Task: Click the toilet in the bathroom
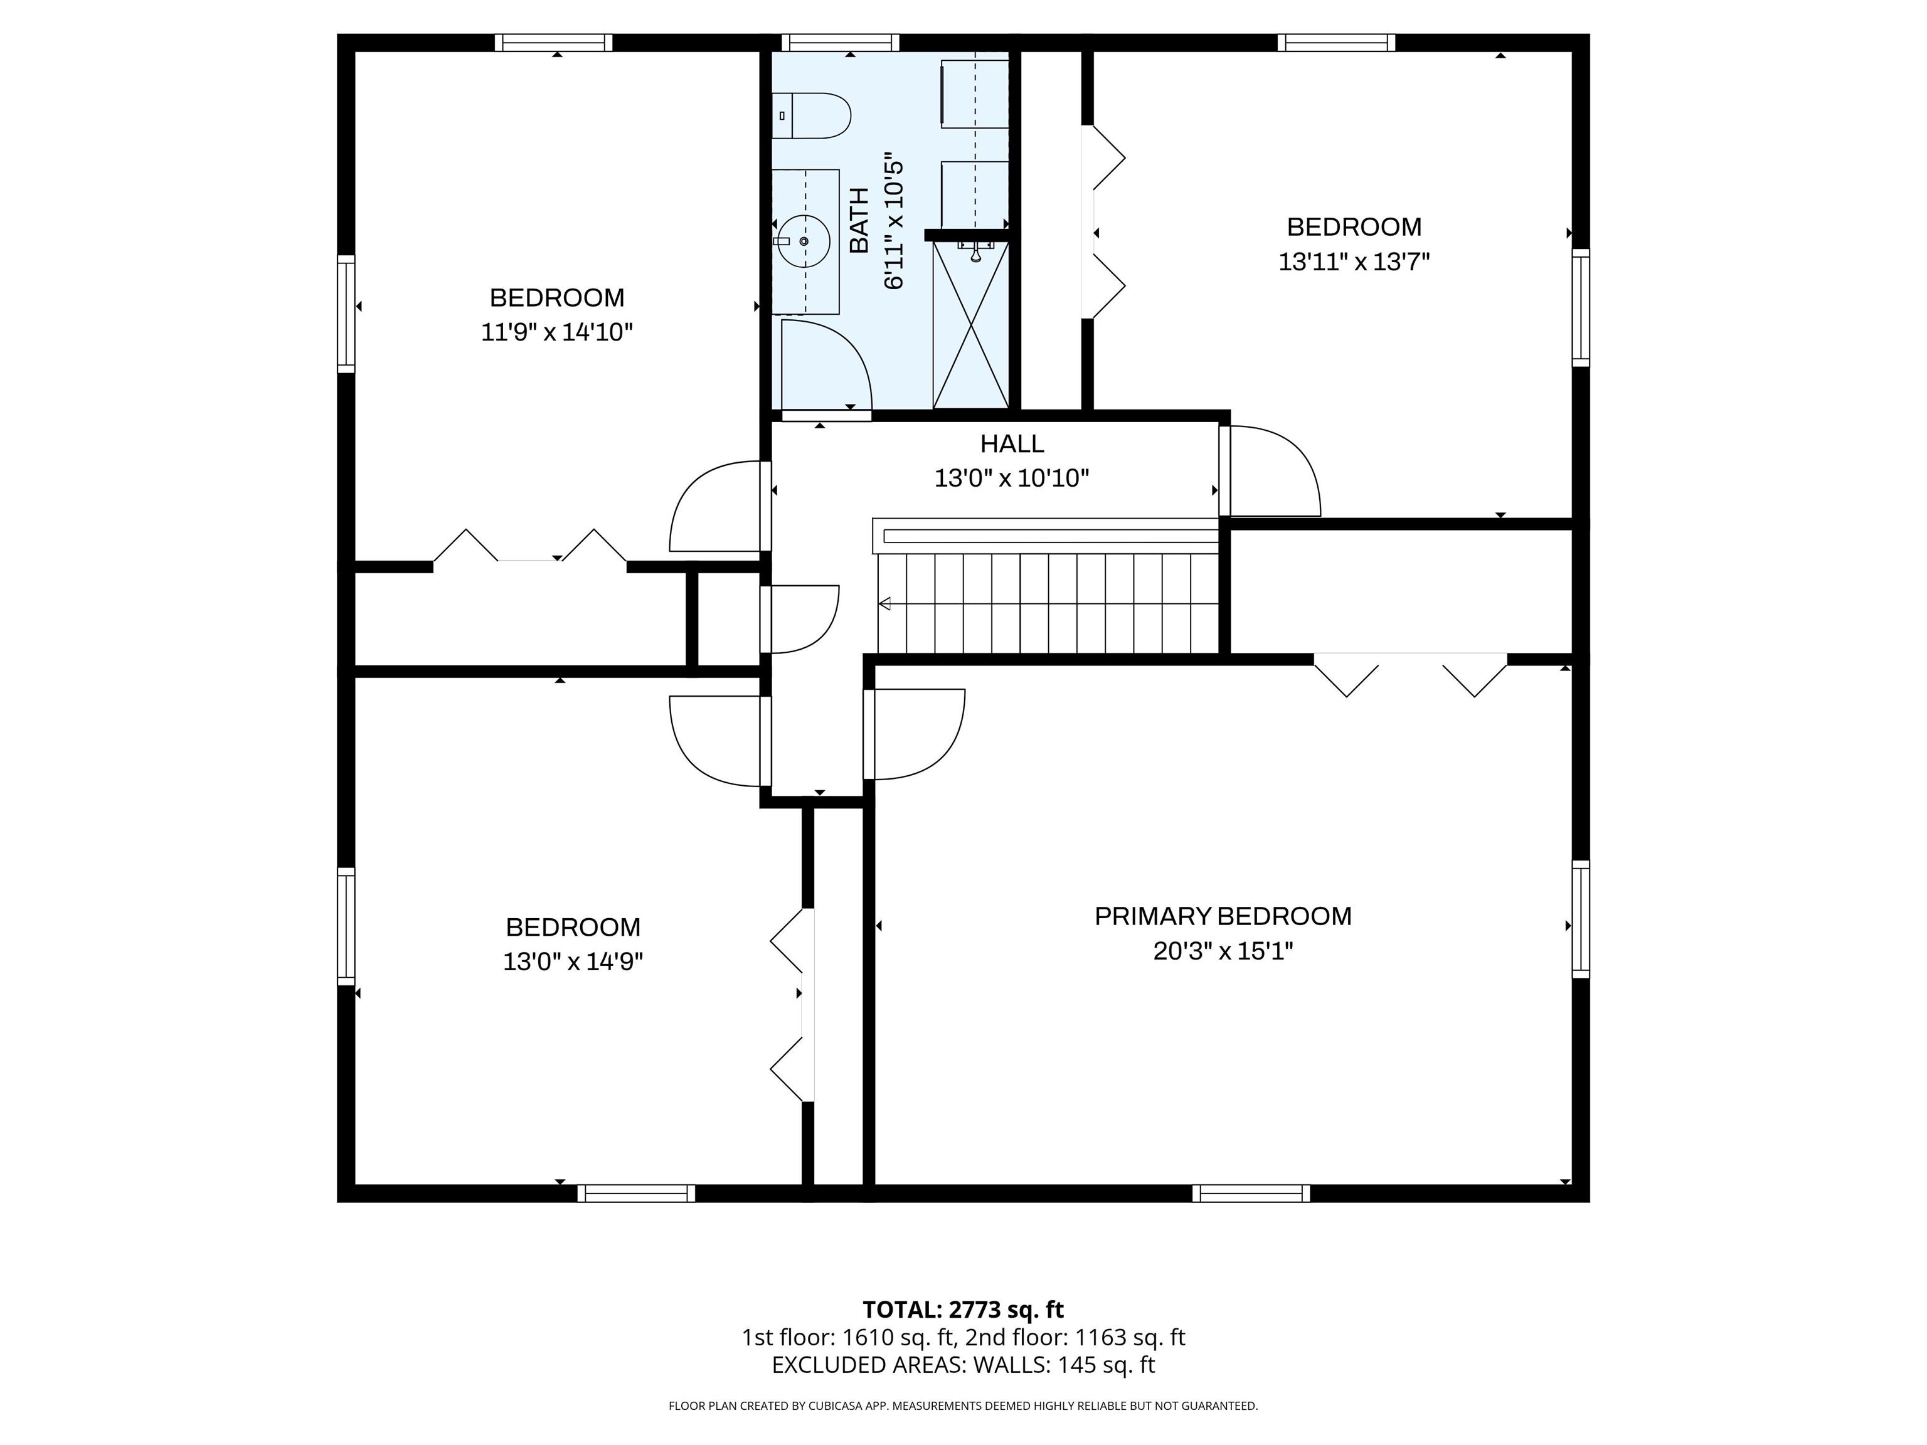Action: click(811, 116)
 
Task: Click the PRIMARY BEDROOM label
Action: click(1223, 916)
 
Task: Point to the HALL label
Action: click(1011, 443)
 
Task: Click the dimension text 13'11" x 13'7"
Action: click(1354, 262)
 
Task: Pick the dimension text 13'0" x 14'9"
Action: click(572, 961)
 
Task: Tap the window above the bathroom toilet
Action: click(840, 43)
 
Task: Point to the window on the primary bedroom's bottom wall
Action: click(1251, 1194)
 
